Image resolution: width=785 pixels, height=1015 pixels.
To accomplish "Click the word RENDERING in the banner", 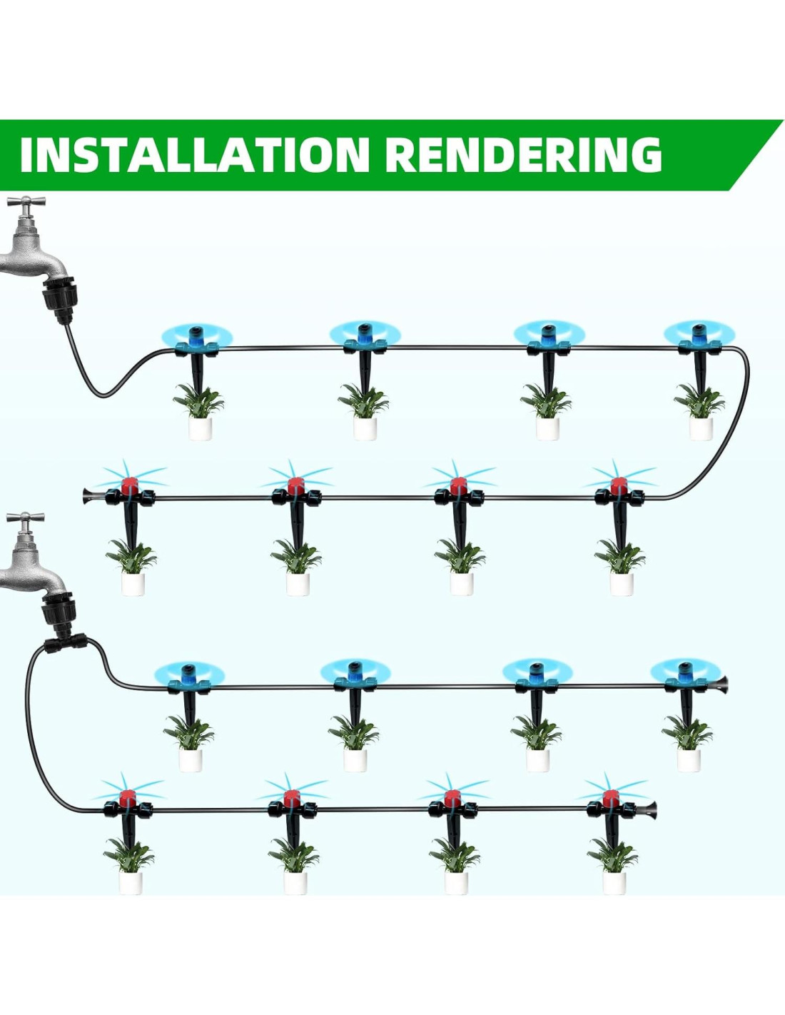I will click(x=527, y=154).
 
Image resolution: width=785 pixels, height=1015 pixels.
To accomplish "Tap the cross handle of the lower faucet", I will click(x=26, y=519).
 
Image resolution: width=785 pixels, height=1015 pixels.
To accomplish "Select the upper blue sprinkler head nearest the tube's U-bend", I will click(x=698, y=334).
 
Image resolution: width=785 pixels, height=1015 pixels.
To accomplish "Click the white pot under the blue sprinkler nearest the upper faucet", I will click(x=201, y=428).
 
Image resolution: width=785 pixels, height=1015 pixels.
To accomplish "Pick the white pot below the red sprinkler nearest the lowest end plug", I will click(x=614, y=882).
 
